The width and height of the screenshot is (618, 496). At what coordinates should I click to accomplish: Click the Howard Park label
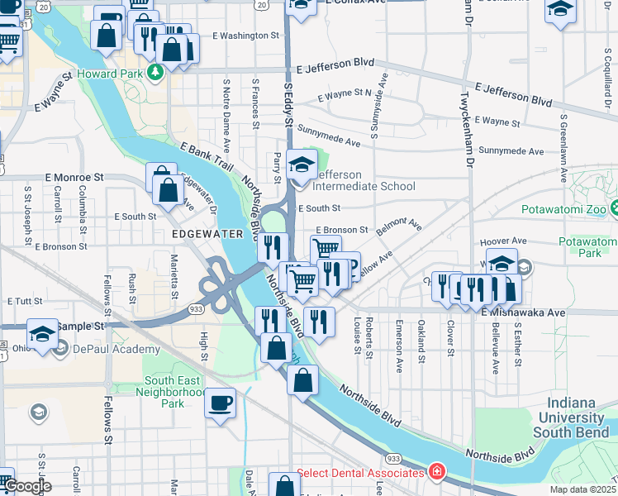coord(111,74)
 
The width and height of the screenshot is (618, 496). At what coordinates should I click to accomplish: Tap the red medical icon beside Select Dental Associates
coord(436,473)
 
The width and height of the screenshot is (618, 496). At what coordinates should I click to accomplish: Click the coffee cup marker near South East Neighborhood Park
coord(220,403)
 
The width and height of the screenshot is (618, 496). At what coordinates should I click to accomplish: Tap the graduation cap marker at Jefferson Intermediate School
coord(302,165)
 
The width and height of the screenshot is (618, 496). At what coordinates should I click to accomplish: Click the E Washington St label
coord(246,36)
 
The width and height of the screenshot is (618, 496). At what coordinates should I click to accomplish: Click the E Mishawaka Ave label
coord(523,312)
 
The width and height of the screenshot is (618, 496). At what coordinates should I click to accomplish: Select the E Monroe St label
coord(74,177)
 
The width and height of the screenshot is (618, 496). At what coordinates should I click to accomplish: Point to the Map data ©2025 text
coord(582,489)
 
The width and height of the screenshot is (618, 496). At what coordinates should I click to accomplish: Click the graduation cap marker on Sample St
coord(42,333)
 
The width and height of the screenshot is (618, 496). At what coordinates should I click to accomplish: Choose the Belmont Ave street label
coord(399,228)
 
